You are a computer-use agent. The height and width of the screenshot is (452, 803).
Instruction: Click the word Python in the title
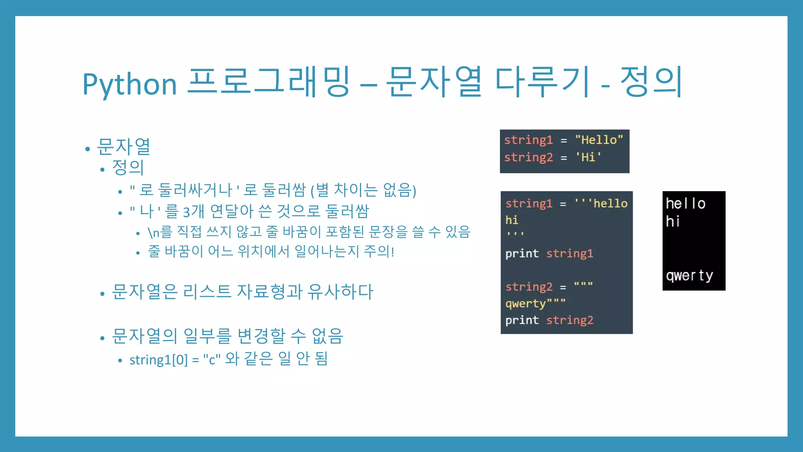129,84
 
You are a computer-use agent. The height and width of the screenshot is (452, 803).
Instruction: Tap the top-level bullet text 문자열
124,147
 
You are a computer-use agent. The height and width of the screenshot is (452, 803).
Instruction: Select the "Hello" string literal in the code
599,140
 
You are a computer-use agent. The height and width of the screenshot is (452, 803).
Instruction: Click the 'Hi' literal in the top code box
588,157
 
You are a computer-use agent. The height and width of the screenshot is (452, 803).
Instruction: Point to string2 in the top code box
528,157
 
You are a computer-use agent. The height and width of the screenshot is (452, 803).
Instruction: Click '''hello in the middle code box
601,203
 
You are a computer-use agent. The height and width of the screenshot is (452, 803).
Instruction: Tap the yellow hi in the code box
512,220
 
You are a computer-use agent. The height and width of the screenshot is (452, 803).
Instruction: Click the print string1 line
549,253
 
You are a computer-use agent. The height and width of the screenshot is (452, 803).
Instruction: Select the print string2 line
549,320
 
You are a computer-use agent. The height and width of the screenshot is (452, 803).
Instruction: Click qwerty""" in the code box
535,303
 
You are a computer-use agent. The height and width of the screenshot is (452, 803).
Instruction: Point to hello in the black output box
685,203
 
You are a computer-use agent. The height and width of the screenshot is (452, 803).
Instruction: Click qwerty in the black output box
689,275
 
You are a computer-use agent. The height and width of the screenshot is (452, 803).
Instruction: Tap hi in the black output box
673,221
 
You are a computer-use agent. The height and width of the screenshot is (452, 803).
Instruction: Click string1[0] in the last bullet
159,360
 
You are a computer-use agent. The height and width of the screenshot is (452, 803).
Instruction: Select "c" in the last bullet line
212,360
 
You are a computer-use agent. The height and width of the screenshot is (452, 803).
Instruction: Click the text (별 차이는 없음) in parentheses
363,191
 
